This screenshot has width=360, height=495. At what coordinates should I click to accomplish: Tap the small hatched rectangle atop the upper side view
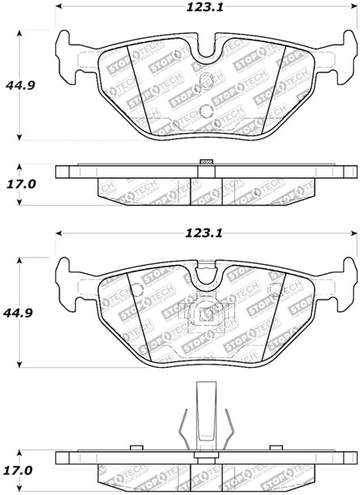(x=207, y=161)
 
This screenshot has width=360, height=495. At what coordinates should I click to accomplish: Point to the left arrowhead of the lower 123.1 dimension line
(x=59, y=238)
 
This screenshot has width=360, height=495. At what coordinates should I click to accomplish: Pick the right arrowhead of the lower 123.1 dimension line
(x=353, y=238)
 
